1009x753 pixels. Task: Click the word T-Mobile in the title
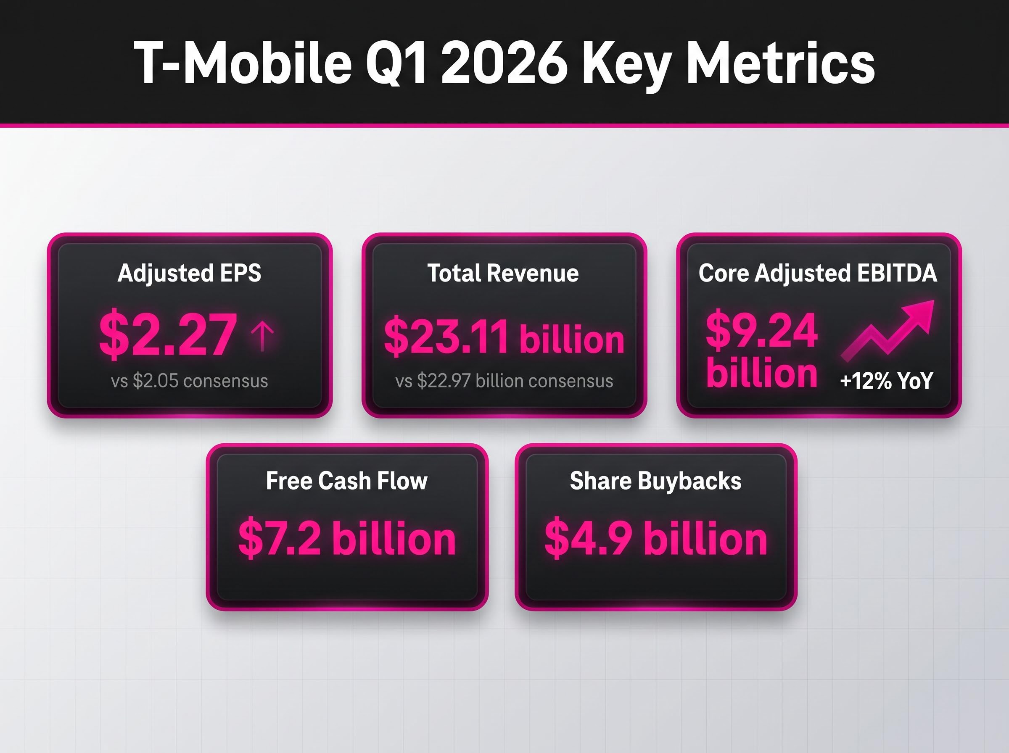click(242, 63)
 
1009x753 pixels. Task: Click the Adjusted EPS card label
click(189, 274)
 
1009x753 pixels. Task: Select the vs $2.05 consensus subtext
click(189, 381)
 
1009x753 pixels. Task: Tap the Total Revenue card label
click(503, 274)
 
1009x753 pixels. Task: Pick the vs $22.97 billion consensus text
click(504, 381)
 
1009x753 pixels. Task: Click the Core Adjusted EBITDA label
click(818, 274)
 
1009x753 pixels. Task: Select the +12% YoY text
click(886, 381)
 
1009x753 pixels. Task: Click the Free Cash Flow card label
click(346, 481)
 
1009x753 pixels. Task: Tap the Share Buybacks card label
click(655, 481)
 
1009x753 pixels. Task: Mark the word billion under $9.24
click(761, 373)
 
